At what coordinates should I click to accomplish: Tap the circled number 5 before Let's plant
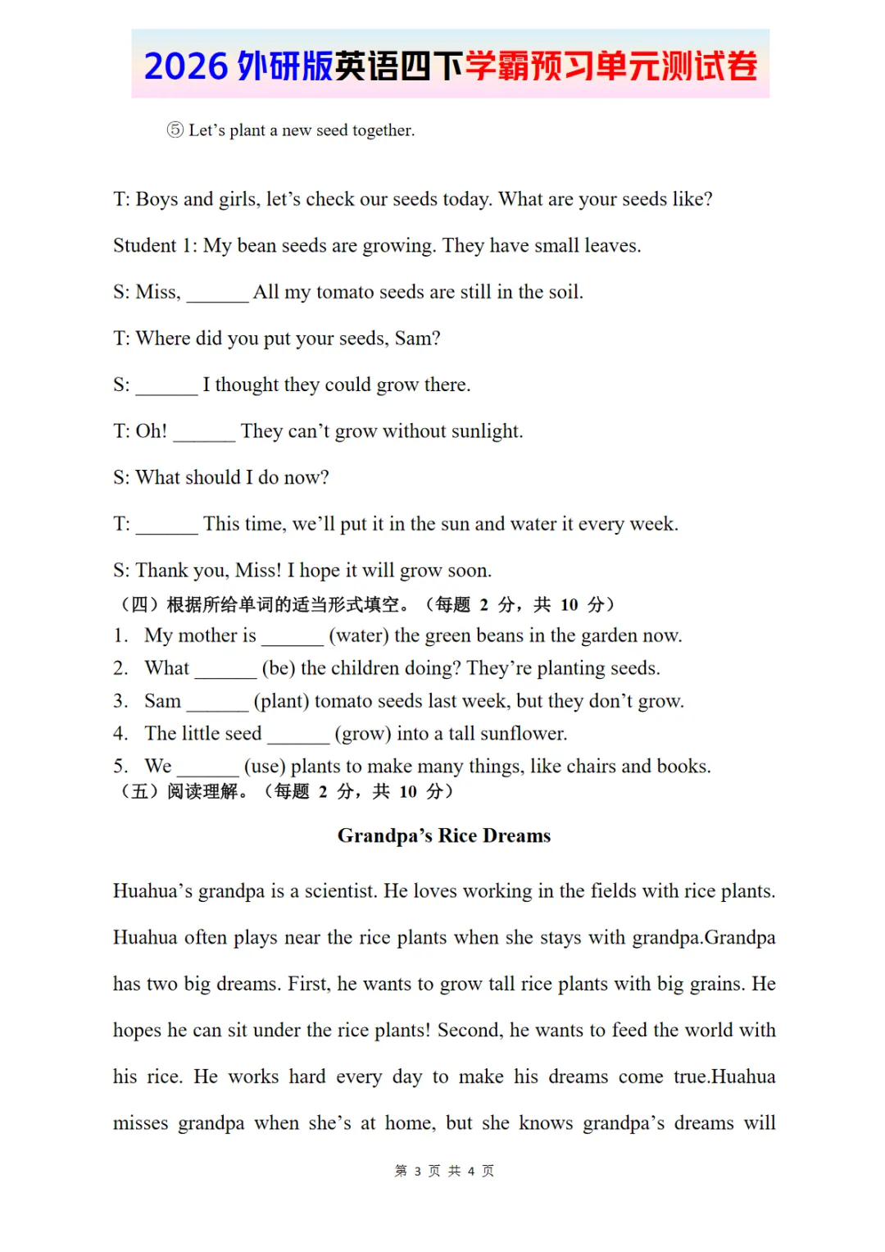(x=175, y=130)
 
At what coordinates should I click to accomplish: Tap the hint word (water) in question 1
(x=359, y=635)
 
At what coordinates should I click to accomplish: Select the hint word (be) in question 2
(x=279, y=668)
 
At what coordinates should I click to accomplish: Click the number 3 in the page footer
(x=417, y=1171)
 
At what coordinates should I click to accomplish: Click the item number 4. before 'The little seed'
(x=120, y=733)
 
